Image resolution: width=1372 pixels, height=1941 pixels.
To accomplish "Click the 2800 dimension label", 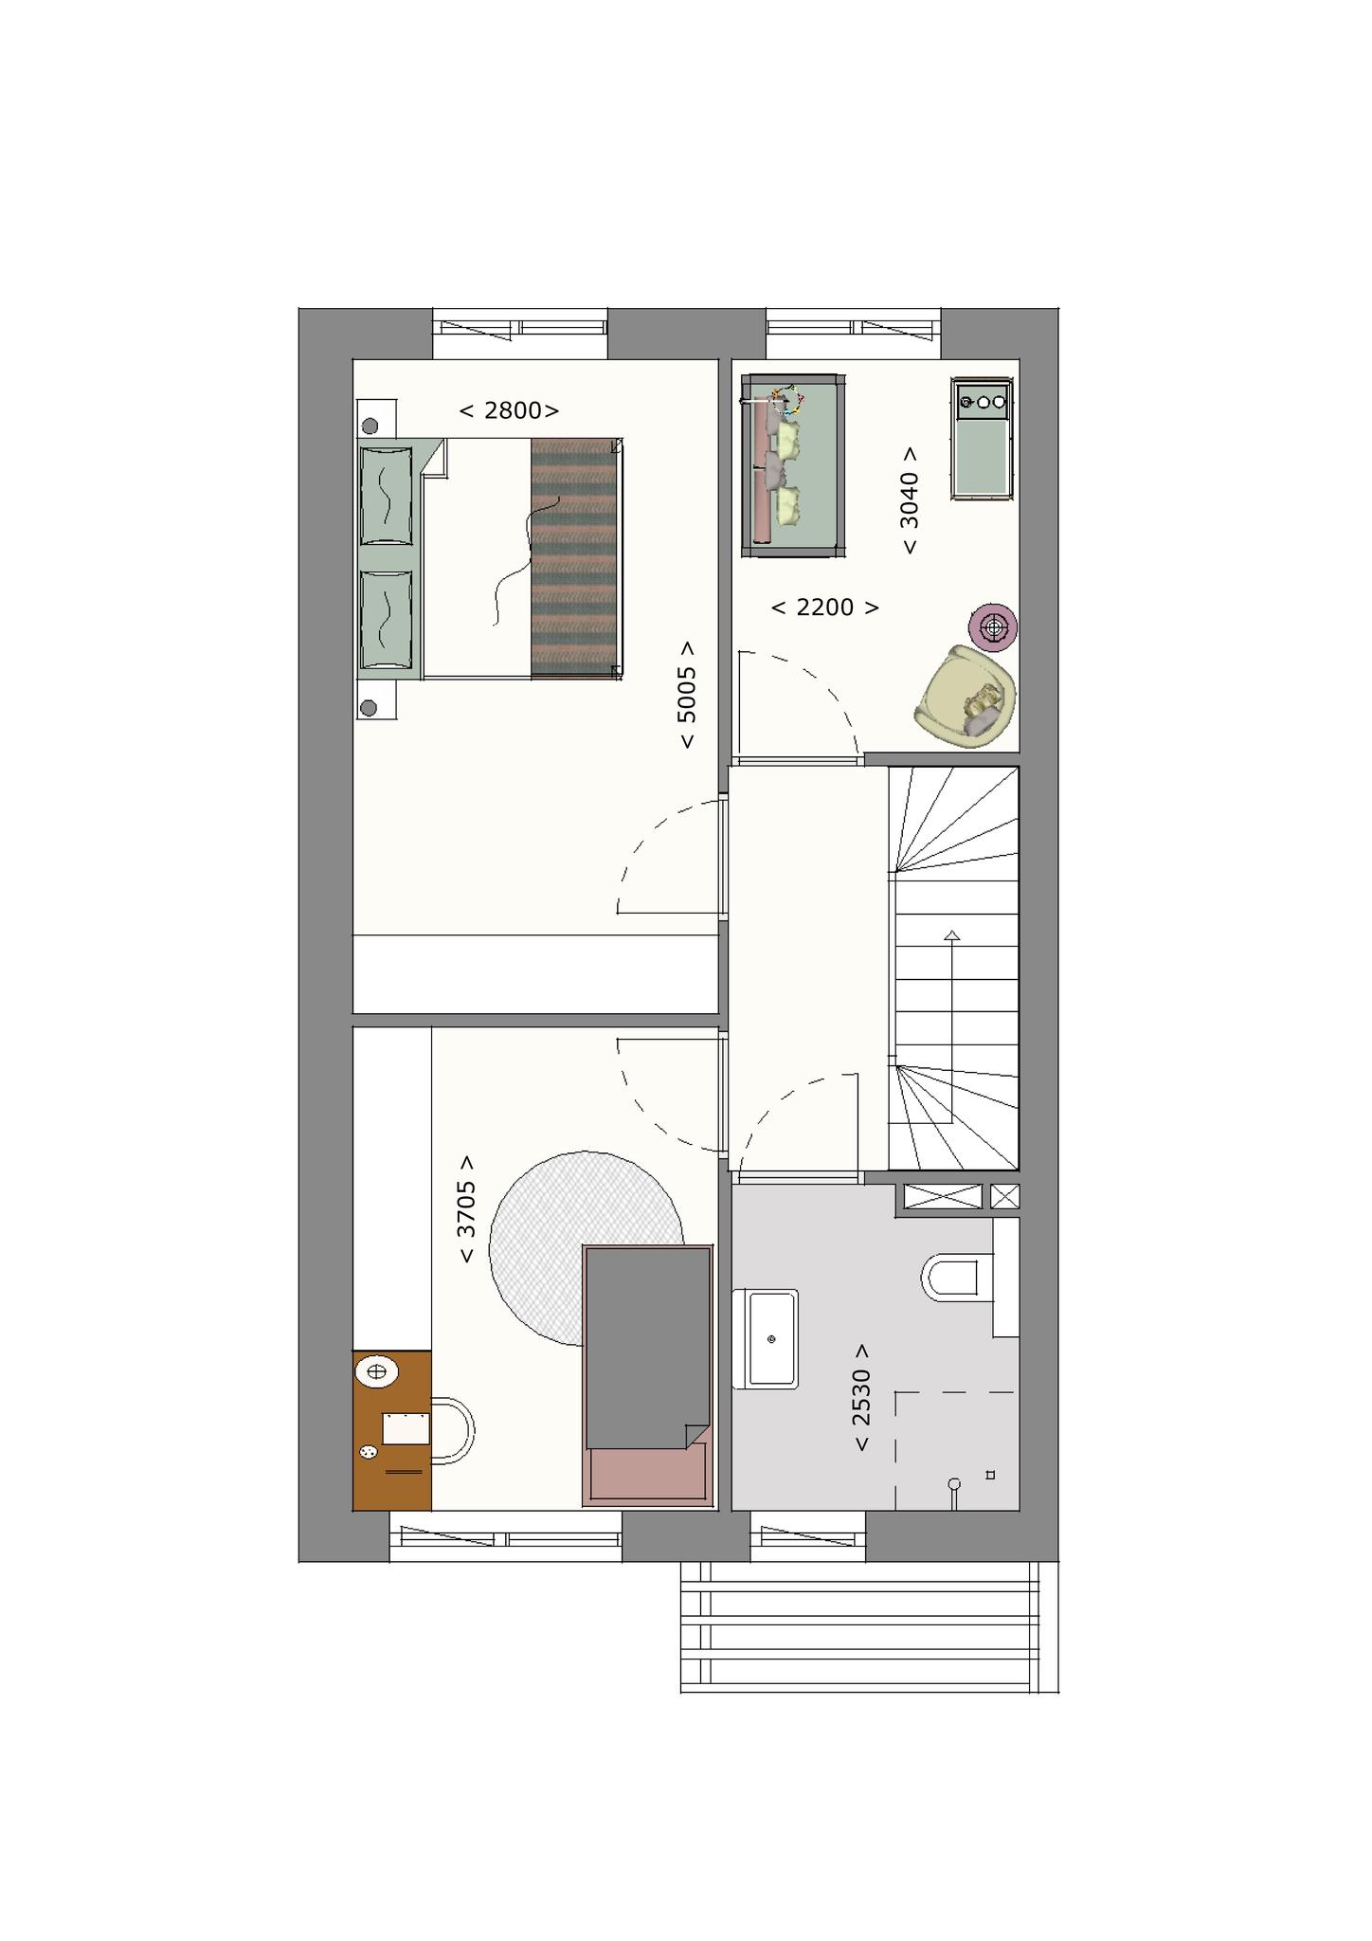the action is click(x=509, y=410).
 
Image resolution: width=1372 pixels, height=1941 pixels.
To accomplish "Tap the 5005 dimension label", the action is click(x=687, y=695).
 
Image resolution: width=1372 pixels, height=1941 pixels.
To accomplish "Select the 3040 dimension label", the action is click(x=909, y=500).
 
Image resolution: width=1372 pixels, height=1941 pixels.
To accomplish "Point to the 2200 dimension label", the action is click(x=824, y=608).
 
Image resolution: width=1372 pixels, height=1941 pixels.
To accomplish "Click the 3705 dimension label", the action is click(x=466, y=1209).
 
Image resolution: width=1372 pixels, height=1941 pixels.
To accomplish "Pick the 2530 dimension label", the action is click(x=860, y=1398).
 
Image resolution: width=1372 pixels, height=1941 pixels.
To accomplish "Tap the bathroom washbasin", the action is click(x=767, y=1338).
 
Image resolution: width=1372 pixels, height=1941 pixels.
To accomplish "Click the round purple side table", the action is click(x=993, y=626).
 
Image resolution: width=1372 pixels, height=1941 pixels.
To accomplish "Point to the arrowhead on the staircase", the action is click(x=951, y=935).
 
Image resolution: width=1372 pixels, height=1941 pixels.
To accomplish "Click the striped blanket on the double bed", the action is click(x=575, y=558).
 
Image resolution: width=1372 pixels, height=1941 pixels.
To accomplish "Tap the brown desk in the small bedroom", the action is click(x=392, y=1430).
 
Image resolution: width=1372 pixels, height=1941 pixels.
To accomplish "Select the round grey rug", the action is click(x=586, y=1248).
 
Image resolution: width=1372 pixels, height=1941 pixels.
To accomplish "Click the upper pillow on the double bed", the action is click(x=387, y=495).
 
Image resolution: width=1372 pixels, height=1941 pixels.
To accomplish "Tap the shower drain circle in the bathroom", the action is click(x=954, y=1484).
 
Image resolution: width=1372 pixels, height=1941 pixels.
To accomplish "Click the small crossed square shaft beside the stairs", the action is click(x=1004, y=1196).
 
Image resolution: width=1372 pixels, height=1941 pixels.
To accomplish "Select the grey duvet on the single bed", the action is click(x=648, y=1348).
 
